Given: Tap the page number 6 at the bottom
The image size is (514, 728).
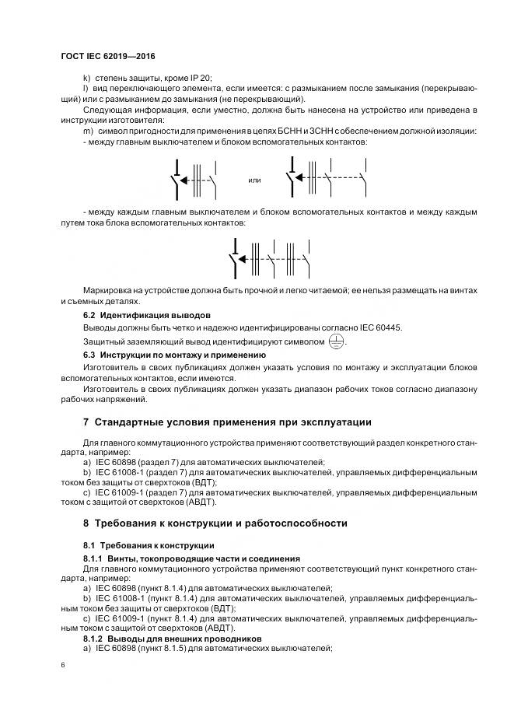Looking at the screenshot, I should pos(63,666).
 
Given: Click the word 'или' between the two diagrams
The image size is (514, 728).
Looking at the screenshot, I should pos(254,180).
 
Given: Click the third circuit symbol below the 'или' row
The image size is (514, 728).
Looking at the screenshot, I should pos(269,257).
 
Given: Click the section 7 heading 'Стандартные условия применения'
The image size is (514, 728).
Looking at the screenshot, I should pos(227,422).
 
